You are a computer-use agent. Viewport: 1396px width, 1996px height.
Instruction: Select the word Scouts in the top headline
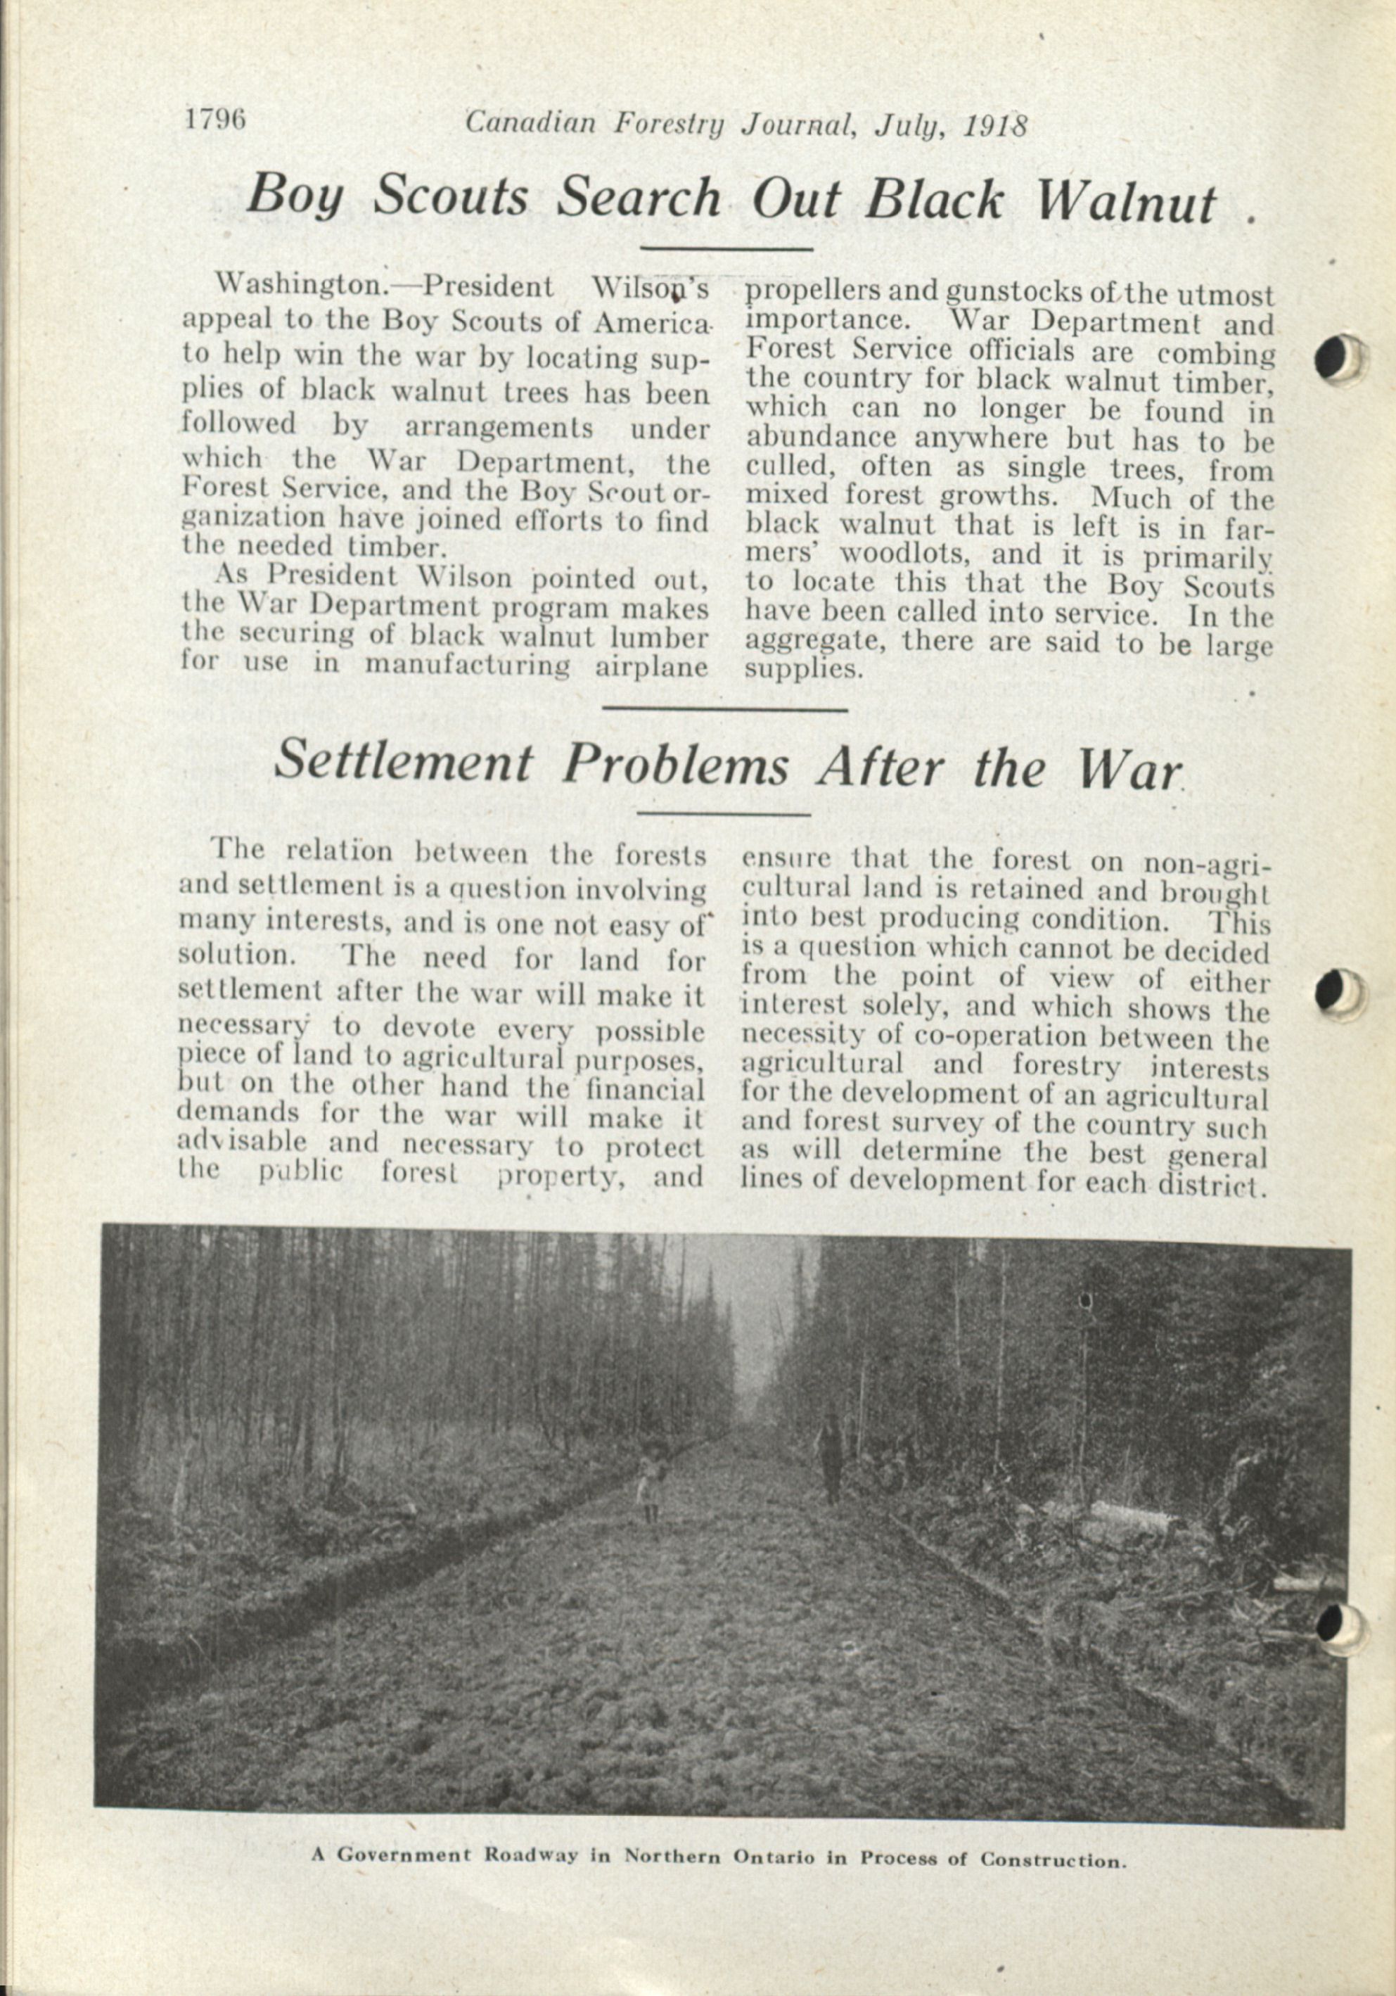pyautogui.click(x=451, y=196)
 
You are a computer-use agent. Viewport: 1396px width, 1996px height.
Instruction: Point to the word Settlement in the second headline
pyautogui.click(x=402, y=763)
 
